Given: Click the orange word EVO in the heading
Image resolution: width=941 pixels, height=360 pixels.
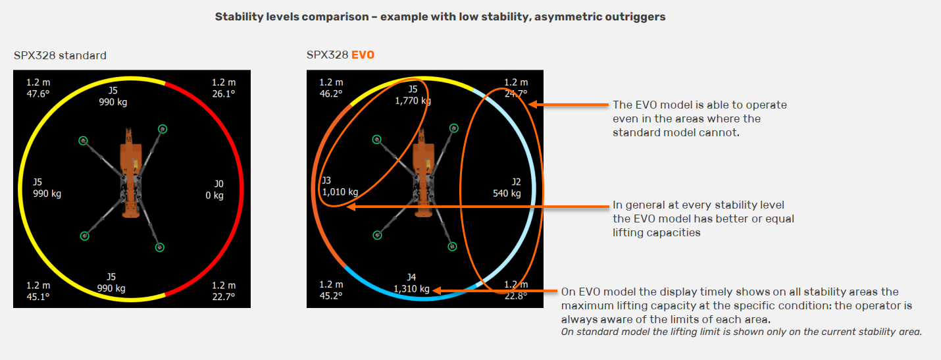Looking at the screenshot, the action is (x=363, y=55).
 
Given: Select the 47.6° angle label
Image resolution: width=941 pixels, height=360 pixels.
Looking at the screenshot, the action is (x=38, y=93).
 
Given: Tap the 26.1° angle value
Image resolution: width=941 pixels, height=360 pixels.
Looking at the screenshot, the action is (x=224, y=93).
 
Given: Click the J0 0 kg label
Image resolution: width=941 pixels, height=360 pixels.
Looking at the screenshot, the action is (x=215, y=190).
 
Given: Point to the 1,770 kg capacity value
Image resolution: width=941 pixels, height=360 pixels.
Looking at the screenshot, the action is (x=413, y=101).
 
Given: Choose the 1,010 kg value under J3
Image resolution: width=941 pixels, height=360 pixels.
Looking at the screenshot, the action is (x=340, y=192).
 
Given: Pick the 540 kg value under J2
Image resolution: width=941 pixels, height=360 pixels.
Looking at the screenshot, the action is (x=507, y=193).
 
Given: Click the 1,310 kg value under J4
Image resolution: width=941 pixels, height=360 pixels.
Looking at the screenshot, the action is (x=411, y=289).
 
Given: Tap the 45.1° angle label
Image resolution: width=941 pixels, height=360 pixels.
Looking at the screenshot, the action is (x=38, y=297).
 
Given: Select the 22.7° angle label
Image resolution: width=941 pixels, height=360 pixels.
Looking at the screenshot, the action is (x=224, y=297).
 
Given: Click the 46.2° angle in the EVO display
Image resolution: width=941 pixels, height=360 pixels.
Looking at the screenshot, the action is (x=331, y=93).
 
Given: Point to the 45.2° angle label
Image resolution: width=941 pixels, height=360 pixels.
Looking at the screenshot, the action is (x=331, y=296).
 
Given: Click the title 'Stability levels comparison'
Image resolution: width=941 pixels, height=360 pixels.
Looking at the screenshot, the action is (x=292, y=17).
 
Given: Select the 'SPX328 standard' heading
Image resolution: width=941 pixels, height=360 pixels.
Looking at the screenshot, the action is (x=60, y=55).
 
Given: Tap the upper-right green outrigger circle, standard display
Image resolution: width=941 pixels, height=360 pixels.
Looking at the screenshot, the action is (x=163, y=129).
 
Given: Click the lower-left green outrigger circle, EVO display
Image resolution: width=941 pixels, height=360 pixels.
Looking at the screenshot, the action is (x=378, y=235).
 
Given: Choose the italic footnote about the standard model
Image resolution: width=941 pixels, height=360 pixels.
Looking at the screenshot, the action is (x=742, y=332).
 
